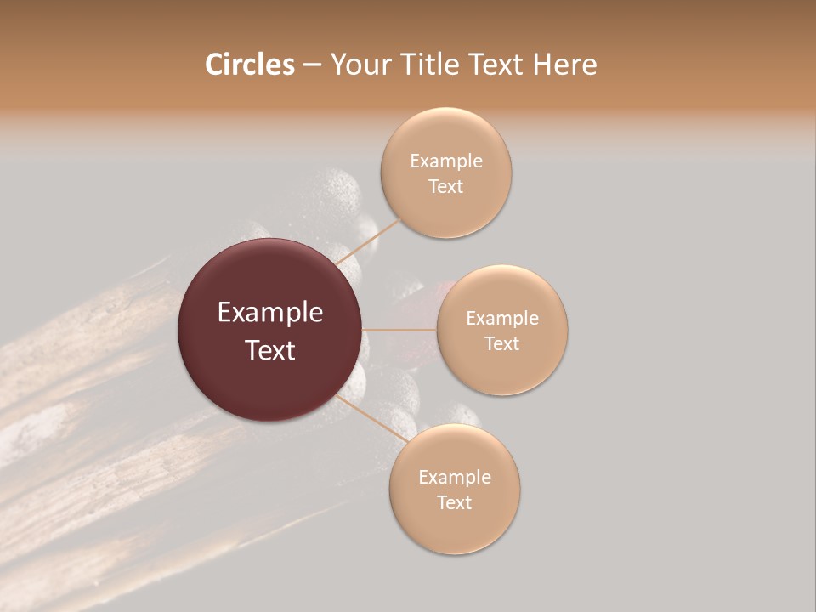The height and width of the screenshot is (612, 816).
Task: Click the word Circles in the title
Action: (x=249, y=64)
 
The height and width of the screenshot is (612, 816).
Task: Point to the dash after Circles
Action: (x=311, y=65)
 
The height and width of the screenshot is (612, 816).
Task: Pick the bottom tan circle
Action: (x=454, y=527)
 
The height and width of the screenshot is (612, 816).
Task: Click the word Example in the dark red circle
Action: (x=270, y=313)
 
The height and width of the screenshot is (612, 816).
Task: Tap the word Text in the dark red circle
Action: (x=270, y=350)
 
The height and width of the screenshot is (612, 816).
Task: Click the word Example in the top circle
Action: (x=445, y=161)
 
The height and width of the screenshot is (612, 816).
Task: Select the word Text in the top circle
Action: (x=445, y=187)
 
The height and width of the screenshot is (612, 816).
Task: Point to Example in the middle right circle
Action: (x=501, y=319)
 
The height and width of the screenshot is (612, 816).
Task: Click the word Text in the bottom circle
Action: (x=454, y=502)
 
